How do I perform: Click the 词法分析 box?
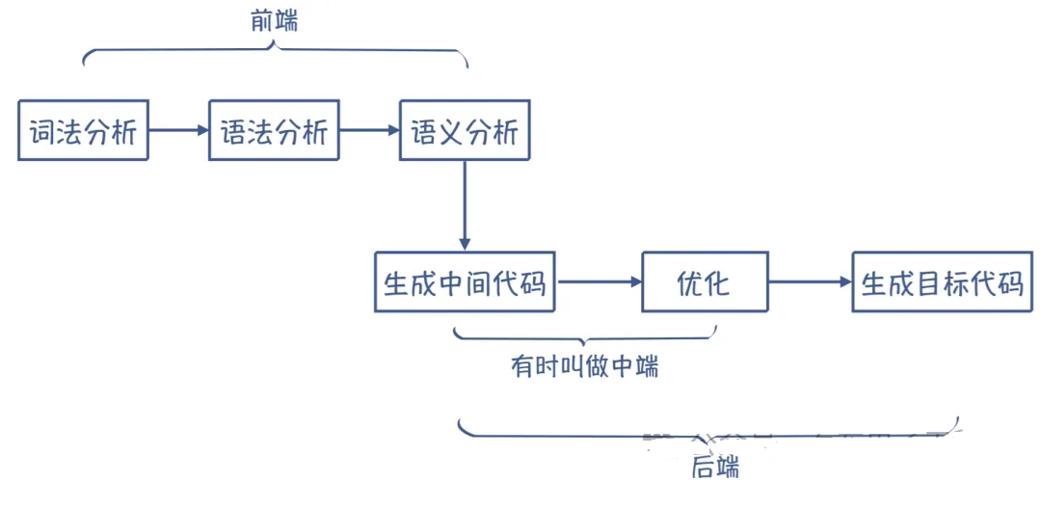(83, 130)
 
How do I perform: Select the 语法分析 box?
(274, 130)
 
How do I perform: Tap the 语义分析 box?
(465, 130)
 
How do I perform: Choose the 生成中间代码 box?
(465, 282)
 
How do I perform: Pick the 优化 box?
(705, 282)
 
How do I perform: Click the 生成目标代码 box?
(941, 282)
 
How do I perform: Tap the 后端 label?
(715, 469)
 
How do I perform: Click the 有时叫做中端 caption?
(584, 366)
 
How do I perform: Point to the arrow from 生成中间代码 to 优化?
(599, 282)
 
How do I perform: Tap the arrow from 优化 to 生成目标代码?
(810, 282)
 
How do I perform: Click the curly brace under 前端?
(275, 53)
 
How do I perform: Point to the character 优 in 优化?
(690, 283)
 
